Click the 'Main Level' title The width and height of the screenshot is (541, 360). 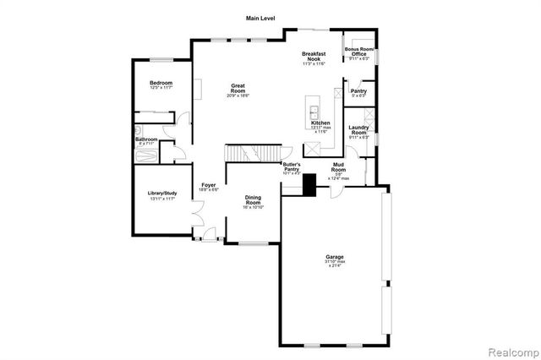[260, 18]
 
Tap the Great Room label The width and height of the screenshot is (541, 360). [243, 87]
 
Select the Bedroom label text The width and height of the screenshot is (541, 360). [161, 83]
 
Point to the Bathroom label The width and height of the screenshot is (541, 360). [146, 139]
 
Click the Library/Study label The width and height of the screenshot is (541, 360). [161, 194]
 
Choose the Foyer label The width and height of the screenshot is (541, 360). [208, 185]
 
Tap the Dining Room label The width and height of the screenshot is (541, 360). [253, 200]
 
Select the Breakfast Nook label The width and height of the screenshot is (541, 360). [314, 57]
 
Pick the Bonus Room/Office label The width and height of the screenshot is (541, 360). [358, 52]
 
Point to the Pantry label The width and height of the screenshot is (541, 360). [358, 90]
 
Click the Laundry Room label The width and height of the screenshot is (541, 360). [358, 130]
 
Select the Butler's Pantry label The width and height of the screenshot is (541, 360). [292, 167]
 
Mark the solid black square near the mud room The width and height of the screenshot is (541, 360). [309, 184]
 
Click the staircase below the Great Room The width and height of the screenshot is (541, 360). [245, 155]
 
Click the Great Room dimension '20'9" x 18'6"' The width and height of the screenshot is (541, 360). [243, 95]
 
